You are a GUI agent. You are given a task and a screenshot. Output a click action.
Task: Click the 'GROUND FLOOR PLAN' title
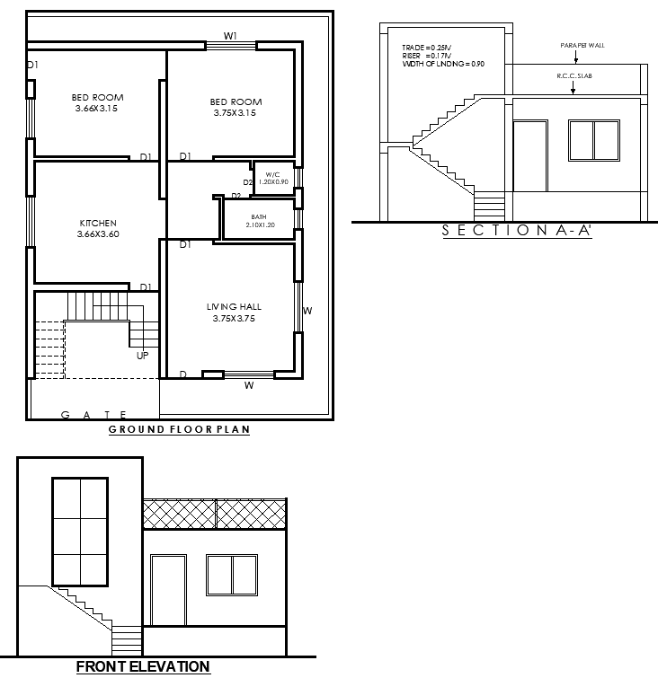point(179,429)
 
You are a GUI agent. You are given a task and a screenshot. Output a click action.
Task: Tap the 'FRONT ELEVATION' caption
point(143,666)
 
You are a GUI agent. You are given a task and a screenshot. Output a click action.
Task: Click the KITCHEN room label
point(98,223)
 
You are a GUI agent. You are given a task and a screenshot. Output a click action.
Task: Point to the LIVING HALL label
point(234,307)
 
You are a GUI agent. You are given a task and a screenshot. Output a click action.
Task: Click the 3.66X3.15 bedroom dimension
point(98,109)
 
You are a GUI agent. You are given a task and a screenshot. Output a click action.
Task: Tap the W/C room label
point(272,173)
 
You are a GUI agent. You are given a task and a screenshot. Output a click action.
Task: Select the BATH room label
point(259,216)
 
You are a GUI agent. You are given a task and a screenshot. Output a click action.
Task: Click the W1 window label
point(231,36)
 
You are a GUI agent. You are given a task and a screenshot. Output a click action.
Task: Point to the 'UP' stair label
point(143,356)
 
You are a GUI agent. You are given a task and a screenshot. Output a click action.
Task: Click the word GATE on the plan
point(93,414)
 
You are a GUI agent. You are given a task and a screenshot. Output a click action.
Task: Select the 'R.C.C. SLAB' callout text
point(574,77)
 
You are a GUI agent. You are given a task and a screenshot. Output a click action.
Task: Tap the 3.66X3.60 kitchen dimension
point(98,233)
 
